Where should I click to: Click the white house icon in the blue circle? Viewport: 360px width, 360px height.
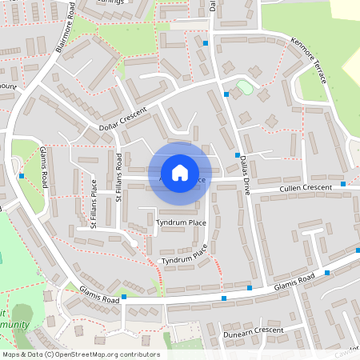pos(180,172)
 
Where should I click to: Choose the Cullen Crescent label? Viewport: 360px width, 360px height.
pos(305,188)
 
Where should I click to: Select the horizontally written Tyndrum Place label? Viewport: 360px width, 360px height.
pos(182,222)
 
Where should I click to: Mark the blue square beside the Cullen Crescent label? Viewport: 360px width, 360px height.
pos(343,184)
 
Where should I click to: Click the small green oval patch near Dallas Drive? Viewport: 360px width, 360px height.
pos(245,87)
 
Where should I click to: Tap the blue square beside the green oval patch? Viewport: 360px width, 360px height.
pos(226,94)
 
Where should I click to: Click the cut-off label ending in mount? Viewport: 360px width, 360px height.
pos(7,86)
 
